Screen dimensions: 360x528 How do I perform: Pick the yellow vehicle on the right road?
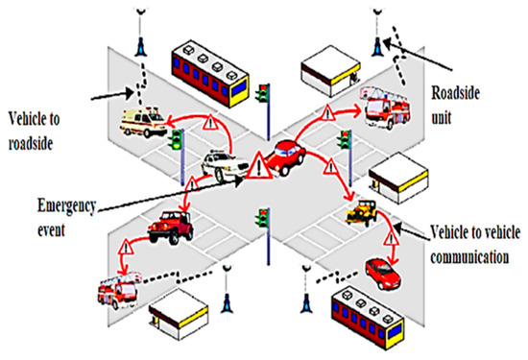pos(363,208)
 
